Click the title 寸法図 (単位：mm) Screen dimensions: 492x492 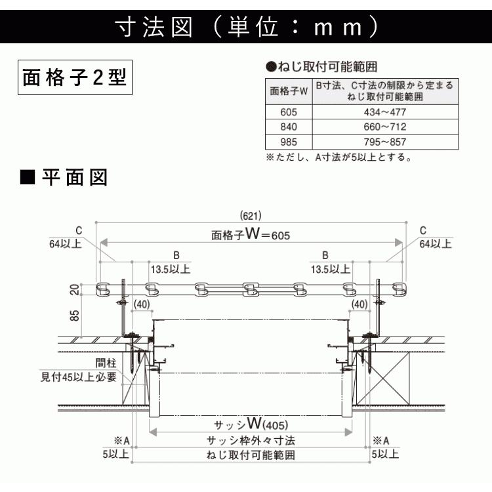(248, 27)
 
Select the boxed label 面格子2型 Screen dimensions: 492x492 (75, 77)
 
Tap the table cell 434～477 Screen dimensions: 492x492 (385, 112)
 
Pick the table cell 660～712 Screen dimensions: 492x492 (385, 127)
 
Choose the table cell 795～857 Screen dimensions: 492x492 (385, 142)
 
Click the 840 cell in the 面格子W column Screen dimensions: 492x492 (289, 127)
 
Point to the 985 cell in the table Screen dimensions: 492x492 (289, 142)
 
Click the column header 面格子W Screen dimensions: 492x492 (289, 91)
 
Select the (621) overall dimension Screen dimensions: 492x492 (251, 216)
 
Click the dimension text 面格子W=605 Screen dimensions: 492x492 (251, 234)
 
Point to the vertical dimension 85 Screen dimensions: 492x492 (75, 316)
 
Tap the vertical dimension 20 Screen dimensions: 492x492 (75, 289)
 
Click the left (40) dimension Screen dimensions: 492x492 (142, 304)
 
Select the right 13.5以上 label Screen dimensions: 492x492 (331, 269)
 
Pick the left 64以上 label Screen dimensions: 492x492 (66, 244)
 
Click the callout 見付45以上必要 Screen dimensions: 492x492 (79, 377)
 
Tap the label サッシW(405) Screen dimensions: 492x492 (251, 424)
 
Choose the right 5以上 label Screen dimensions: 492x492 (385, 454)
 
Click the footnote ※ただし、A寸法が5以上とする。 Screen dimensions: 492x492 (339, 157)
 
